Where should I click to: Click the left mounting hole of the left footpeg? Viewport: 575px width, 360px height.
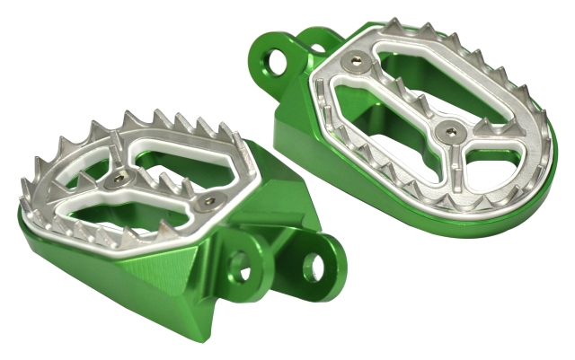(240, 265)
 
